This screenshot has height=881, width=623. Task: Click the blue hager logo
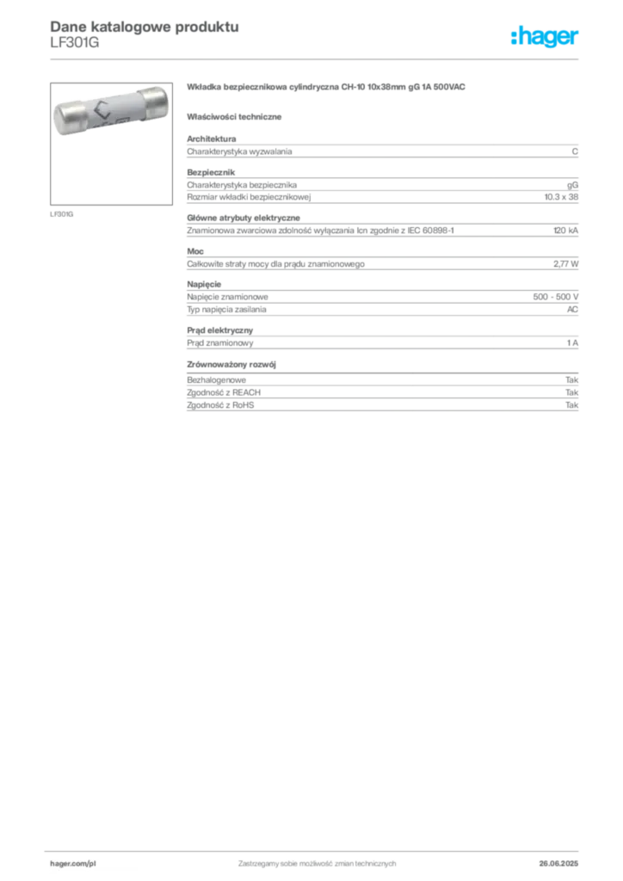click(546, 38)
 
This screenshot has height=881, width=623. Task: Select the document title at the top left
click(142, 25)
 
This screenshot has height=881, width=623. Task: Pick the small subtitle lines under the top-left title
click(76, 46)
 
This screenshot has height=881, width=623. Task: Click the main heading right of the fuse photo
click(327, 89)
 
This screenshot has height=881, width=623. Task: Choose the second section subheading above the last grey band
click(235, 365)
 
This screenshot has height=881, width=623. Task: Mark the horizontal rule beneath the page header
click(317, 58)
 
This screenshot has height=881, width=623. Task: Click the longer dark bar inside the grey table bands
click(427, 197)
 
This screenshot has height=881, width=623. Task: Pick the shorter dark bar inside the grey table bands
click(502, 231)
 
